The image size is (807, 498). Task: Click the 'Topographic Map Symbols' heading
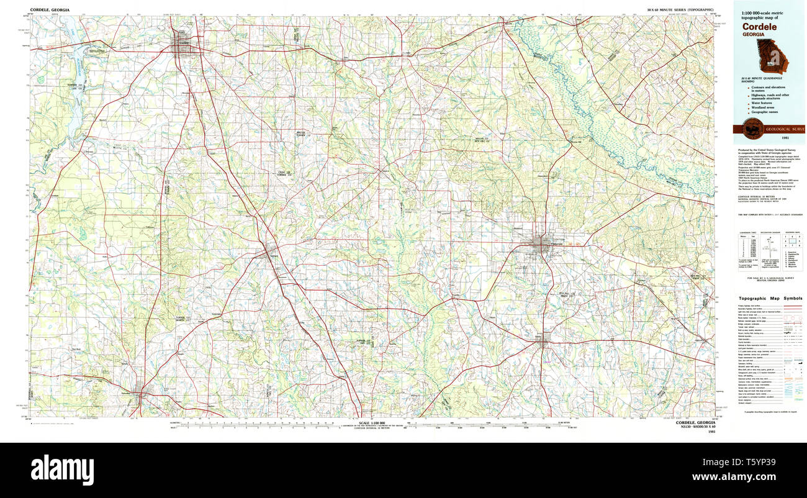click(x=770, y=299)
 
